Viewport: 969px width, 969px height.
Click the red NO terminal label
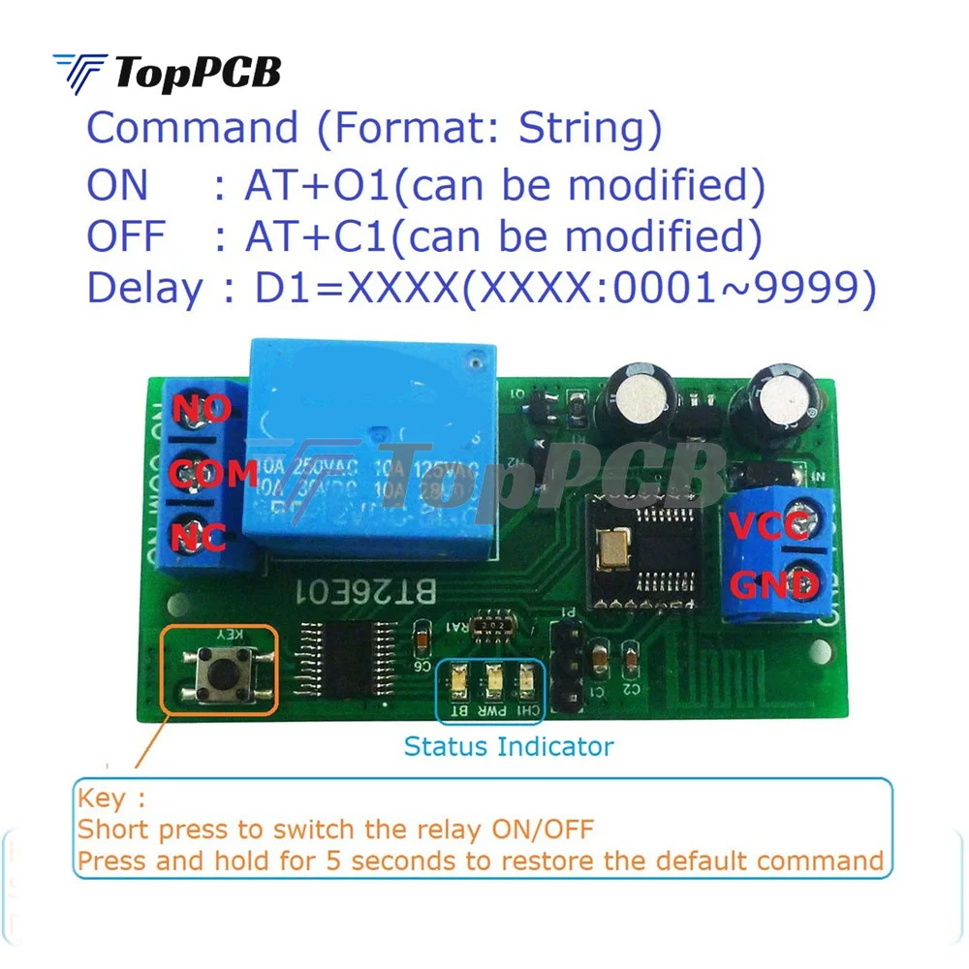pos(203,409)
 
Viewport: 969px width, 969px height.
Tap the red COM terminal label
pos(213,473)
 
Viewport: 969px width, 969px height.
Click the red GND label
pos(772,585)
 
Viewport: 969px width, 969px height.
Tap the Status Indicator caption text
pos(509,746)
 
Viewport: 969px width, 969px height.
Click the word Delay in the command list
pos(145,288)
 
